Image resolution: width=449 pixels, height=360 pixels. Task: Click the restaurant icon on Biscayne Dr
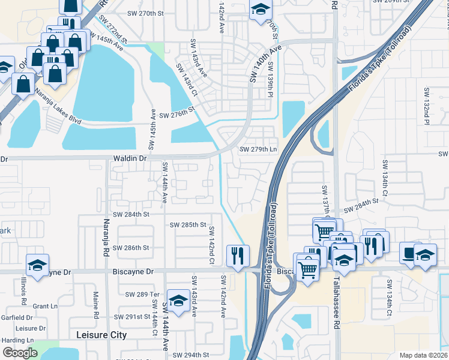point(238,256)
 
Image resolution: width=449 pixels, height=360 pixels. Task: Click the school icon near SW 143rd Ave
point(178,300)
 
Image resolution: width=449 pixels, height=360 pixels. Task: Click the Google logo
point(20,353)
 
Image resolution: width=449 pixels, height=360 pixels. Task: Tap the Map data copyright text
point(423,355)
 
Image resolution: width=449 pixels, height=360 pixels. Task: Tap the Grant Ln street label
point(44,306)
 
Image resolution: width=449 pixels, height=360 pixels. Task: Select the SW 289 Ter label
point(142,294)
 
